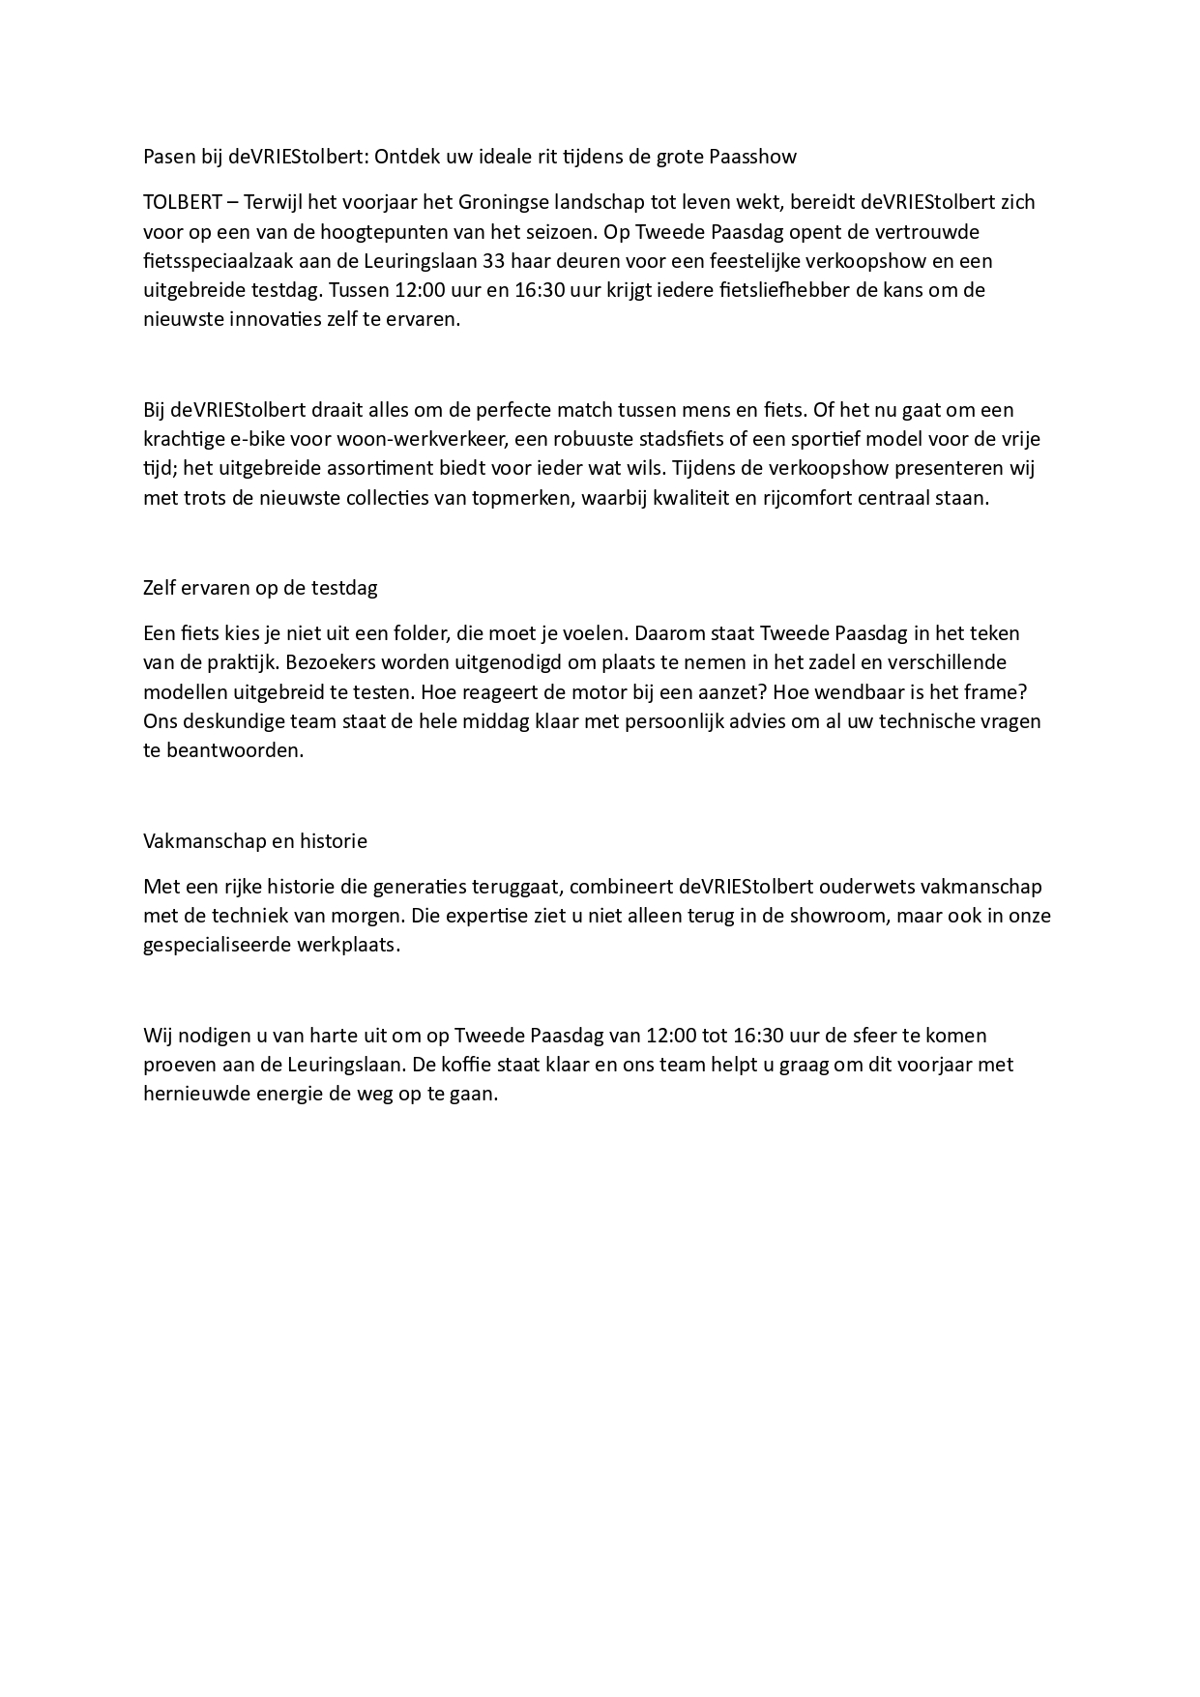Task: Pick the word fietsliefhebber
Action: (x=769, y=290)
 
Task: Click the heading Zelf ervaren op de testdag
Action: (x=260, y=588)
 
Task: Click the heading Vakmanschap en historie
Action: (x=255, y=841)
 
